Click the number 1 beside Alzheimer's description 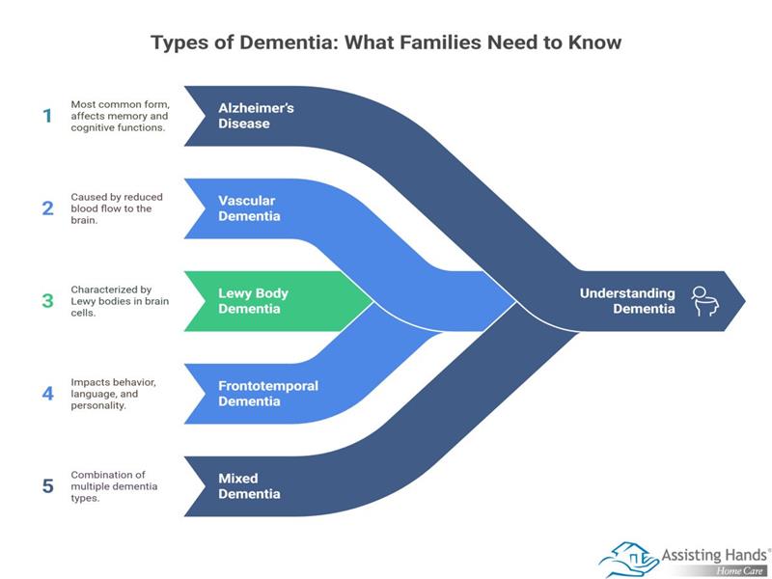pyautogui.click(x=47, y=116)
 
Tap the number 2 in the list pyautogui.click(x=47, y=207)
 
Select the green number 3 pyautogui.click(x=47, y=300)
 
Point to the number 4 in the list pyautogui.click(x=47, y=394)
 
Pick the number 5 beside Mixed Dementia pyautogui.click(x=47, y=485)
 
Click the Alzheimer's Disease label pyautogui.click(x=256, y=116)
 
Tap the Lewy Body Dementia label pyautogui.click(x=254, y=301)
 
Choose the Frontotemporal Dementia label pyautogui.click(x=268, y=394)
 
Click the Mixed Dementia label pyautogui.click(x=249, y=485)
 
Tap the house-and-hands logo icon pyautogui.click(x=628, y=559)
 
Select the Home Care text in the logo pyautogui.click(x=742, y=570)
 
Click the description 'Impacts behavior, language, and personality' pyautogui.click(x=114, y=394)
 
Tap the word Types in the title pyautogui.click(x=180, y=43)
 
